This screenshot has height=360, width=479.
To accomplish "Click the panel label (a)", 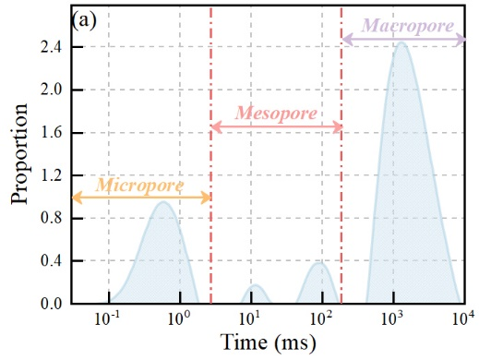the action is click(x=84, y=21).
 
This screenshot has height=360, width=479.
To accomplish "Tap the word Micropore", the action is click(x=139, y=186).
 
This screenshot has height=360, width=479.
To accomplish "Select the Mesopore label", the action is click(x=276, y=114).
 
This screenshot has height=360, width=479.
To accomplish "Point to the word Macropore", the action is click(x=408, y=26).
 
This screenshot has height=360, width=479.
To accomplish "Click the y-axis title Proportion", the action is click(x=19, y=154).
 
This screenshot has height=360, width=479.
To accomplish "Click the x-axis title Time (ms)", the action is click(x=268, y=342).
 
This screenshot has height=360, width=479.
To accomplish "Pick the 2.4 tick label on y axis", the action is click(x=51, y=47).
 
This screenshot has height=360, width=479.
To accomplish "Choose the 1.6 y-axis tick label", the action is click(x=51, y=133).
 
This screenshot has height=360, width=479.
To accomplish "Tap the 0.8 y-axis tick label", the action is click(x=51, y=218).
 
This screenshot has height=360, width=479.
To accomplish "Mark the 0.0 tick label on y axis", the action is click(x=51, y=304).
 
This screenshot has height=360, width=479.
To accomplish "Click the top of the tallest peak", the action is click(x=401, y=42).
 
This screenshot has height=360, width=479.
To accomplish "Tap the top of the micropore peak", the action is click(x=163, y=201).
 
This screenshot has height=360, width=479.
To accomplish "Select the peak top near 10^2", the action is click(x=320, y=263).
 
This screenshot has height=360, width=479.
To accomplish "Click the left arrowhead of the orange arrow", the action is click(x=77, y=198).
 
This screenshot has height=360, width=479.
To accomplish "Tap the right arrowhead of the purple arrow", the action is click(x=461, y=40).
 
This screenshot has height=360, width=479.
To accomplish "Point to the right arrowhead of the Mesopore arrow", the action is click(x=338, y=126).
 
